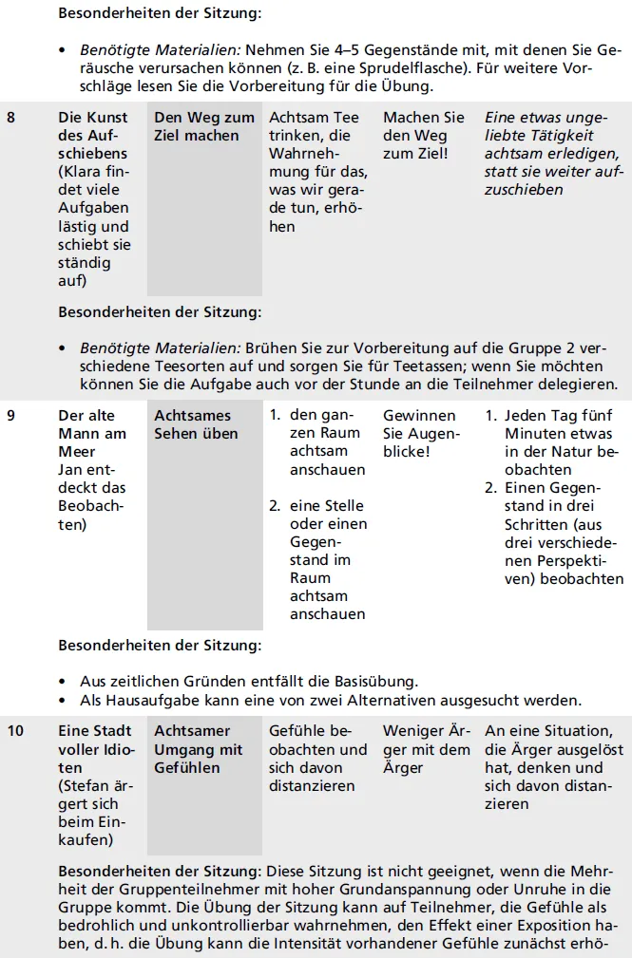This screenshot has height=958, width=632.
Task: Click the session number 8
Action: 11,118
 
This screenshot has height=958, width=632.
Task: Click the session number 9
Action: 11,416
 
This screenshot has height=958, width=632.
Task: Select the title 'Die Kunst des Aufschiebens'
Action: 92,136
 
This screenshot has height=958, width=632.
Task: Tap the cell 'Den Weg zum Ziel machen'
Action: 204,126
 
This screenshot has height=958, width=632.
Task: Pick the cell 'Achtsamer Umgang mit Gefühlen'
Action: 199,750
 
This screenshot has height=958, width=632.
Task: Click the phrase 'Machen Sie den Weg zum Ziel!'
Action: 423,136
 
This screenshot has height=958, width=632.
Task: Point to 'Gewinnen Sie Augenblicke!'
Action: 420,434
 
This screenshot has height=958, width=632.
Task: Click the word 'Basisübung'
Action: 372,681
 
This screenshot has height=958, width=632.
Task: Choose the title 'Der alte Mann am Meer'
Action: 92,434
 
